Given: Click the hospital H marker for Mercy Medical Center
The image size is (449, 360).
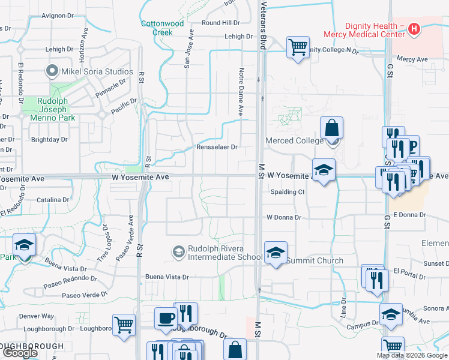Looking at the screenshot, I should [x=414, y=28].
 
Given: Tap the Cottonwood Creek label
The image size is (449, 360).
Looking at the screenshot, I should [x=162, y=28].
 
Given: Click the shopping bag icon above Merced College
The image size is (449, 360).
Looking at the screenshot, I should [x=331, y=127].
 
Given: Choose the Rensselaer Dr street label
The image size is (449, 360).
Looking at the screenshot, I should [x=217, y=146].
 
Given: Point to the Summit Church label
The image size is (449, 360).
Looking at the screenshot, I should [x=315, y=260].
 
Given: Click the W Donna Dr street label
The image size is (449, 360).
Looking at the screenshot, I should [x=283, y=217].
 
